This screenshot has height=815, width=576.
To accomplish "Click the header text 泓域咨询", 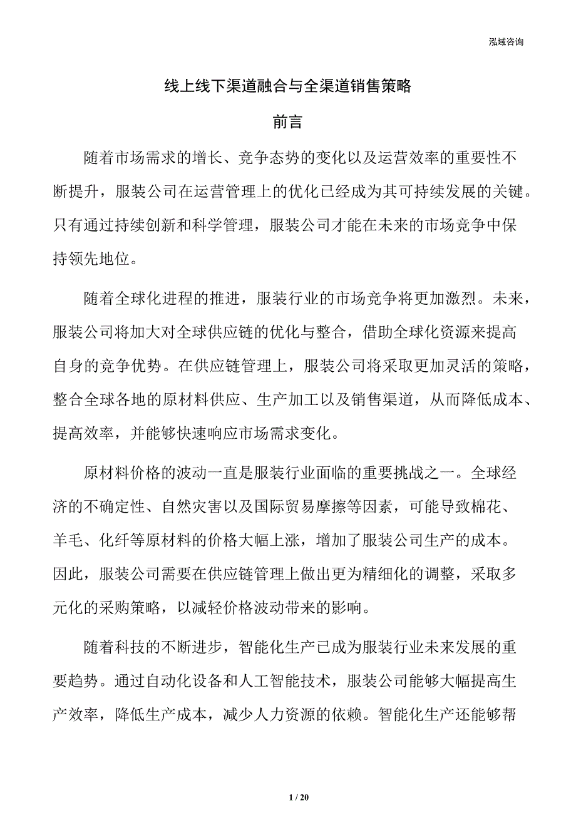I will pos(506,42).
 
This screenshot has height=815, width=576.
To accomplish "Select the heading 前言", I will pos(288,123).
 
